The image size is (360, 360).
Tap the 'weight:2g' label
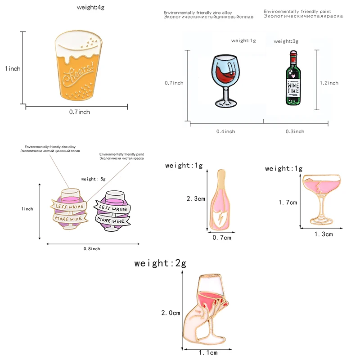click(160, 264)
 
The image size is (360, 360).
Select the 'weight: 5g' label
click(93, 179)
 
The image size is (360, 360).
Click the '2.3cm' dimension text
click(196, 198)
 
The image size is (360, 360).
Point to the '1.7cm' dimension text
click(288, 202)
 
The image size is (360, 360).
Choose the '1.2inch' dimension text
click(328, 83)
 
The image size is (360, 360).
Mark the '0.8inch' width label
click(92, 249)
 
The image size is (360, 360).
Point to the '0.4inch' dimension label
click(225, 131)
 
